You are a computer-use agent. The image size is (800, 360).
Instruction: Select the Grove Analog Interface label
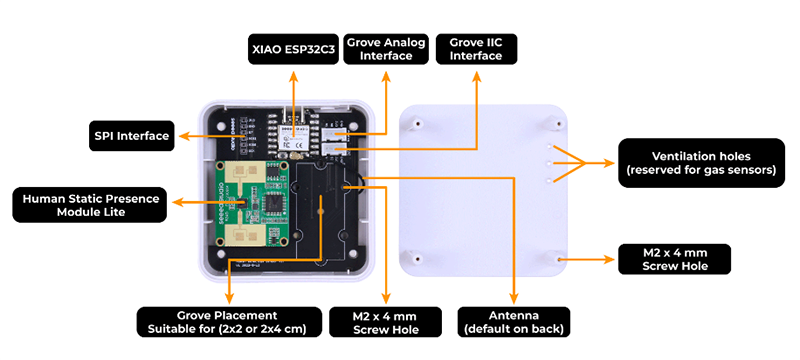(386, 49)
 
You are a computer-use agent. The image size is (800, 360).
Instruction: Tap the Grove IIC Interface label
(476, 49)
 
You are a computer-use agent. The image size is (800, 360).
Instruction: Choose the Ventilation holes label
(699, 163)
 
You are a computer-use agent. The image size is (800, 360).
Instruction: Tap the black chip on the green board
(271, 204)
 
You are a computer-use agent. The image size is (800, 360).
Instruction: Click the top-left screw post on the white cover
(412, 123)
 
